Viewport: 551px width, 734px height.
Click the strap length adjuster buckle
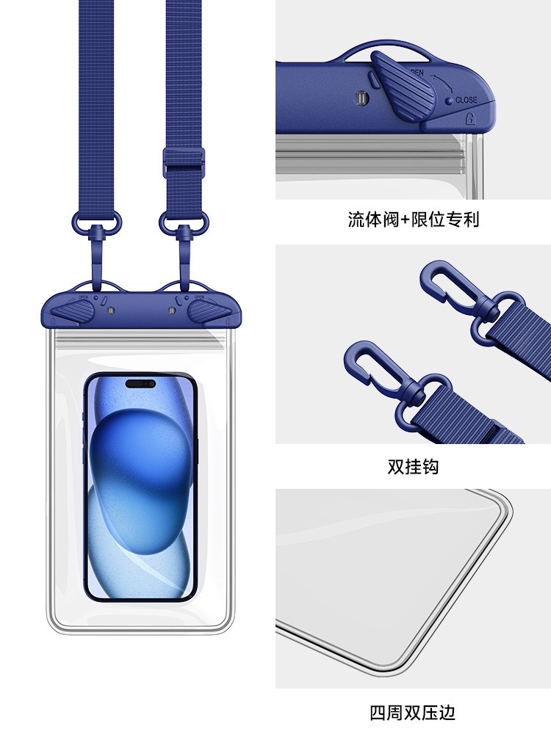pyautogui.click(x=184, y=162)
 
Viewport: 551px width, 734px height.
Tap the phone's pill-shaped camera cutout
pyautogui.click(x=140, y=384)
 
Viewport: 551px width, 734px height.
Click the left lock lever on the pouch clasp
pyautogui.click(x=73, y=311)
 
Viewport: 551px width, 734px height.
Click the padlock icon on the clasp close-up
pyautogui.click(x=470, y=118)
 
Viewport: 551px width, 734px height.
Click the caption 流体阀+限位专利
pyautogui.click(x=413, y=219)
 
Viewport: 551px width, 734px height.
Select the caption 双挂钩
pyautogui.click(x=413, y=467)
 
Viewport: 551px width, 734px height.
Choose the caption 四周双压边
pyautogui.click(x=413, y=713)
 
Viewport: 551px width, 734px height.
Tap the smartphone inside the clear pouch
pyautogui.click(x=140, y=487)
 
